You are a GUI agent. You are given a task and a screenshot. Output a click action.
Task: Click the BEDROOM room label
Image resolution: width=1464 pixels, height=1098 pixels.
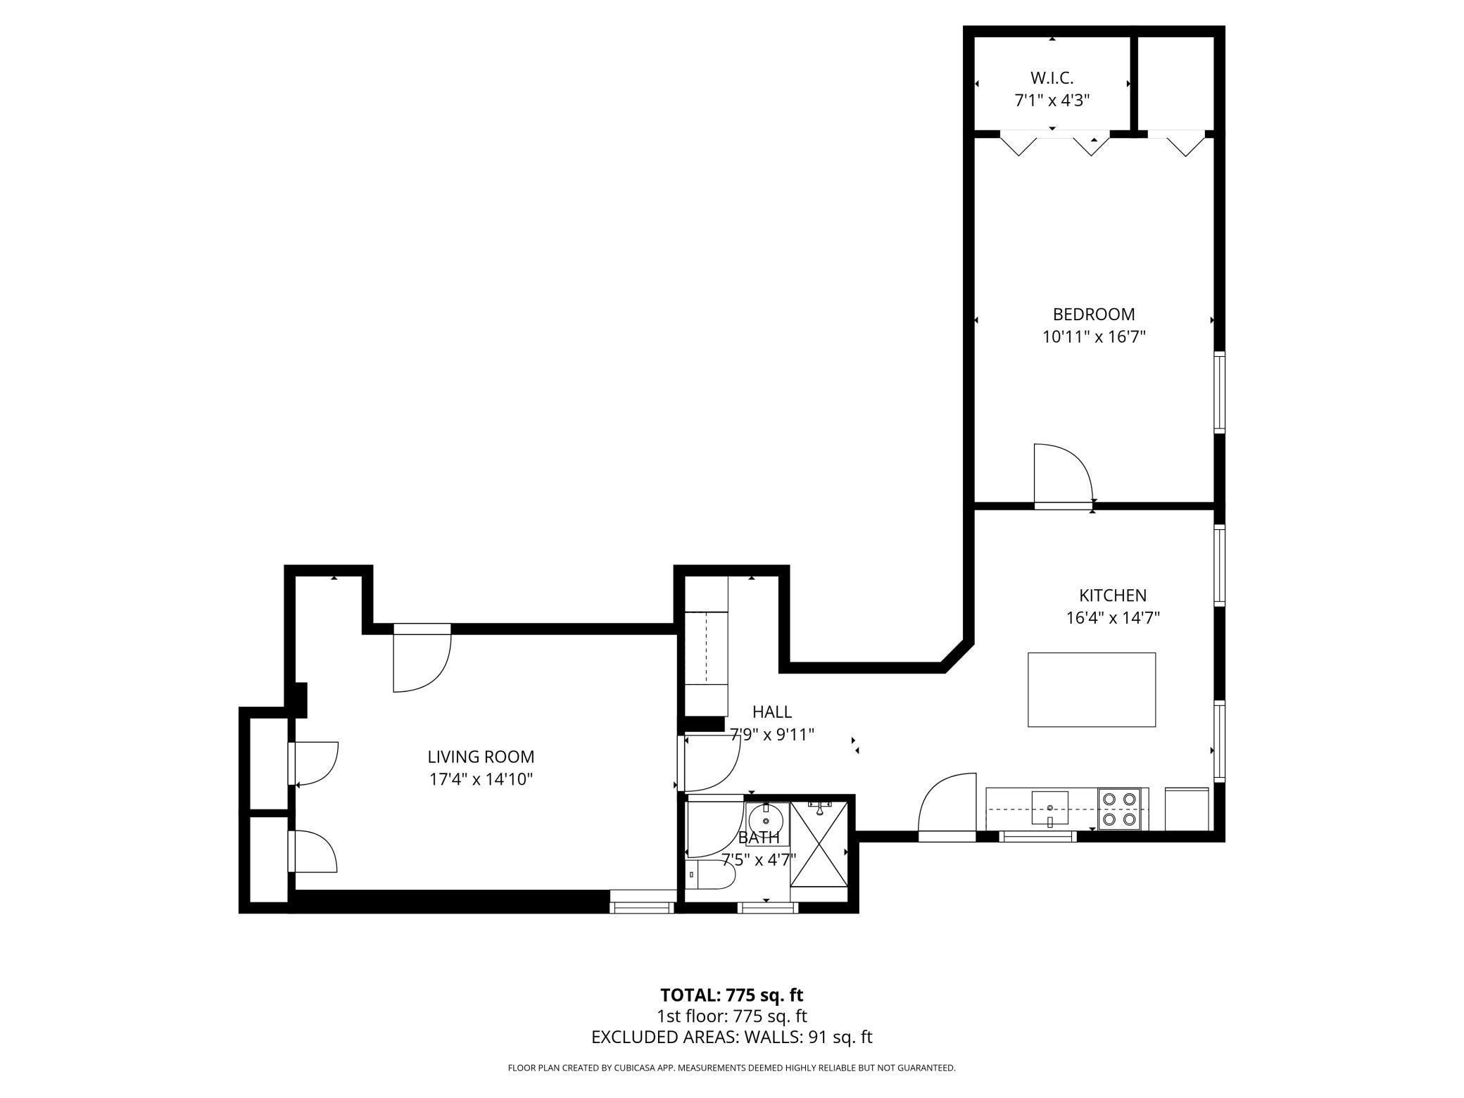coord(1093,314)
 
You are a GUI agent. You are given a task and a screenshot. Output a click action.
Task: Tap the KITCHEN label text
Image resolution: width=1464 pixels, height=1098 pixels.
coord(1112,595)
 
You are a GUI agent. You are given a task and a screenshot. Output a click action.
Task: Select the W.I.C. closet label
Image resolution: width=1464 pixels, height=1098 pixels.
coord(1052,77)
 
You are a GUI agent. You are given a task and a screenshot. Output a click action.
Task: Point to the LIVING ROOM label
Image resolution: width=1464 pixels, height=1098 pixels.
coord(481,757)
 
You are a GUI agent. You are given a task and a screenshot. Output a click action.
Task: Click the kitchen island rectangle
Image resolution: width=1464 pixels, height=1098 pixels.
coord(1091,689)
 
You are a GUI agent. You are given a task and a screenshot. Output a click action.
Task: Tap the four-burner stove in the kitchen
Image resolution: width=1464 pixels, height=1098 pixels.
coord(1119,809)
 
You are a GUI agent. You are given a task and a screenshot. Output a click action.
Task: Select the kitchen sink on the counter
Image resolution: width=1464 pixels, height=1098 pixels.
coord(1049,807)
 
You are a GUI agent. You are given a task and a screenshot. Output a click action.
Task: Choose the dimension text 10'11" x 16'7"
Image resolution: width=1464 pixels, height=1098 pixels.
coord(1093,337)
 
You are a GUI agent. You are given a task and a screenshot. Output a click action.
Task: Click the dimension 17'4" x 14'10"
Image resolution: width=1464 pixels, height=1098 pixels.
coord(481,779)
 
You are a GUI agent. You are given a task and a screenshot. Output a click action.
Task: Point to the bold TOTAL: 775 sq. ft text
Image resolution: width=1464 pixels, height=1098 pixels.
coord(731,995)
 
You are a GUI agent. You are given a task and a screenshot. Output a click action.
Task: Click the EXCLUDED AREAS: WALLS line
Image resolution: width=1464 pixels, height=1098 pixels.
coord(731,1037)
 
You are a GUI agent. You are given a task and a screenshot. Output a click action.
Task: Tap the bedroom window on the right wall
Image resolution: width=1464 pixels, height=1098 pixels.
coord(1220,391)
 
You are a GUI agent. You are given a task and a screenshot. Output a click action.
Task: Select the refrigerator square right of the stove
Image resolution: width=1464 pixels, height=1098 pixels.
coord(1187,809)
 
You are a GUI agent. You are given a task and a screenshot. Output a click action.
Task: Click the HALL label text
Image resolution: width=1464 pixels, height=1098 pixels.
coord(771,712)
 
